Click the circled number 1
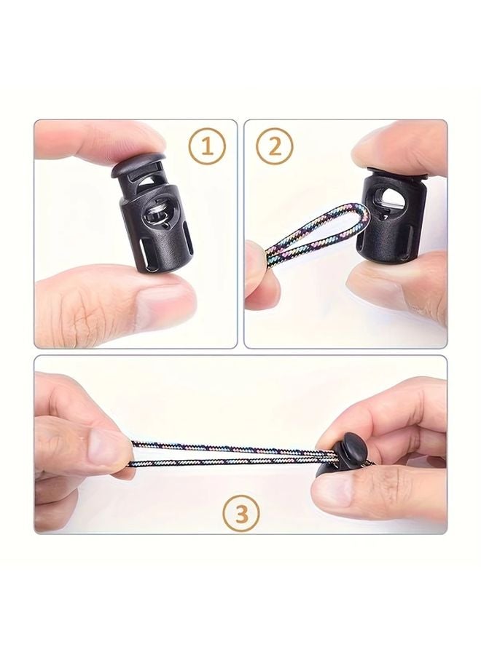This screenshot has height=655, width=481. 208,147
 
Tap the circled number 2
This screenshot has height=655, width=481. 275,147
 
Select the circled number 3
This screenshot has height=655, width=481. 240,514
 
